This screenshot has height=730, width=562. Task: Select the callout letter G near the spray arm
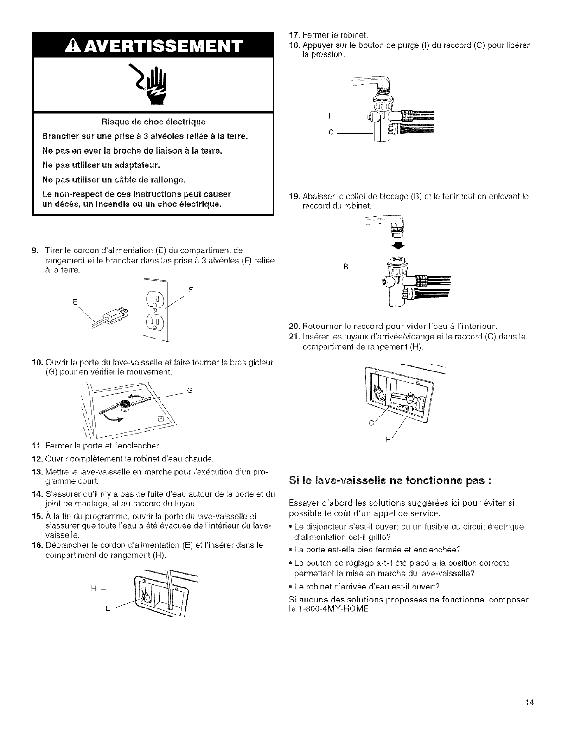coord(189,378)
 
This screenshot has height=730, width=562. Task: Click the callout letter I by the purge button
coord(328,116)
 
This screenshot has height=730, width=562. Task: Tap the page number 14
coord(530,703)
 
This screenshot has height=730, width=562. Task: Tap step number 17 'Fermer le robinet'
coord(293,35)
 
